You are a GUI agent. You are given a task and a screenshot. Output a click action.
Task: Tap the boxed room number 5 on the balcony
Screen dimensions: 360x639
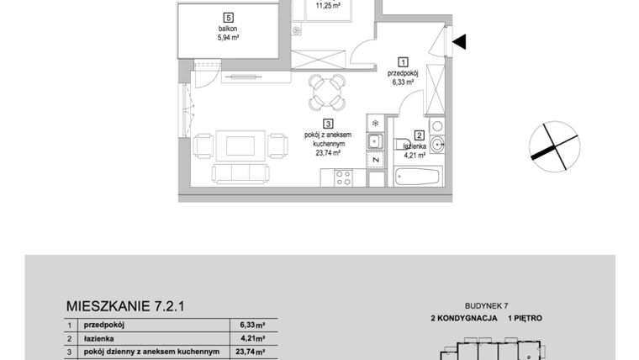(x=228, y=17)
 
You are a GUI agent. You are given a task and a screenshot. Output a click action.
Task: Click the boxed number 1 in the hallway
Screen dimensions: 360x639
(x=403, y=61)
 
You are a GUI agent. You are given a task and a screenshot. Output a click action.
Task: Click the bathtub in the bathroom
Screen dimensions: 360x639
(x=418, y=177)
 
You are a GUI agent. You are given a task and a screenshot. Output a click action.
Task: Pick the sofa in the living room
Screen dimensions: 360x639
(x=240, y=173)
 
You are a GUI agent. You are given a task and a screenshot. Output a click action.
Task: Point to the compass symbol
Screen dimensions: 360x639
(x=554, y=145)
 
